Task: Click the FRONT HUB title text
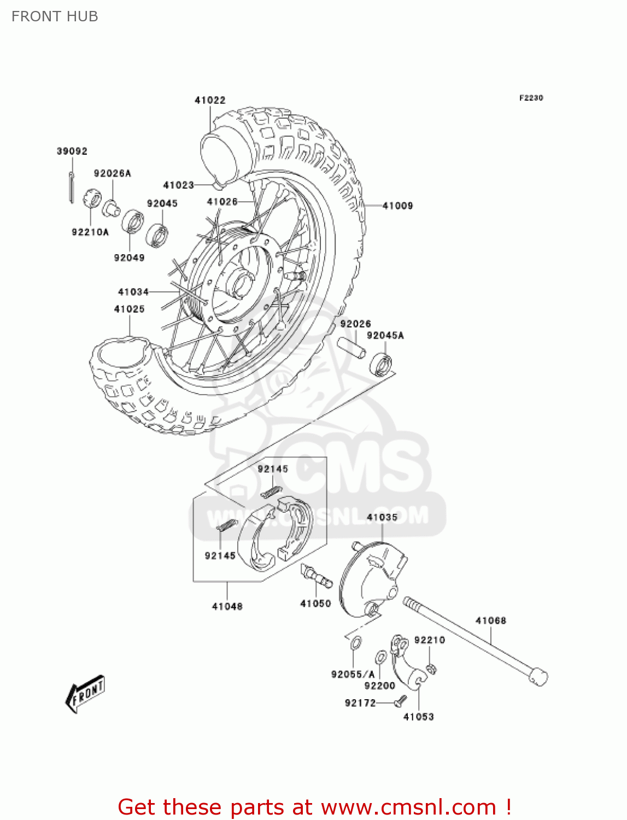[55, 16]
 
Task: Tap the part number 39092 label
[72, 151]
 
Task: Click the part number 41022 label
[210, 100]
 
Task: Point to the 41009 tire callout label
[397, 206]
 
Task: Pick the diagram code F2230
[531, 98]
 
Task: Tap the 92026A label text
[113, 173]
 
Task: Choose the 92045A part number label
[385, 335]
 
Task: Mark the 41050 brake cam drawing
[317, 576]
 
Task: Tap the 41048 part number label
[227, 606]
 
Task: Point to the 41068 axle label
[491, 620]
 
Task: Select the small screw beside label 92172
[401, 699]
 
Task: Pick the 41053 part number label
[418, 717]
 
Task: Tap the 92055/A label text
[353, 674]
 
